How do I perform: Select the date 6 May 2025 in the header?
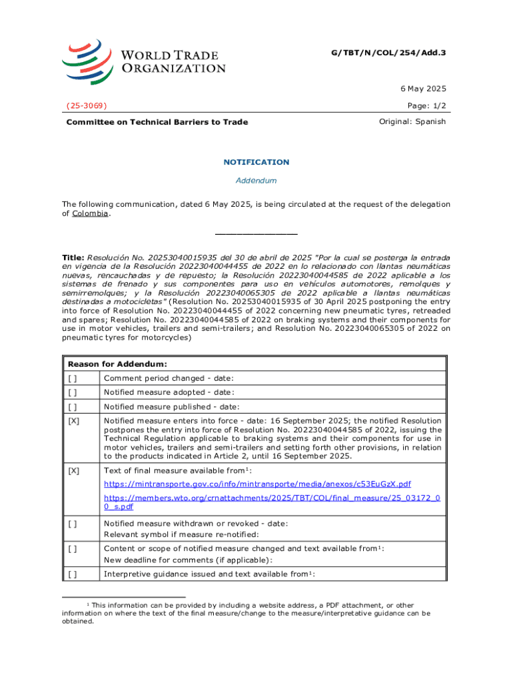pyautogui.click(x=423, y=89)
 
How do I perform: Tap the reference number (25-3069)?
pyautogui.click(x=87, y=105)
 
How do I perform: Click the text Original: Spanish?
pyautogui.click(x=412, y=121)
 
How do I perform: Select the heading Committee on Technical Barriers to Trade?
pyautogui.click(x=157, y=122)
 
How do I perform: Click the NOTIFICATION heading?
pyautogui.click(x=256, y=162)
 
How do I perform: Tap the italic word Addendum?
pyautogui.click(x=256, y=181)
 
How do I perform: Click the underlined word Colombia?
pyautogui.click(x=90, y=213)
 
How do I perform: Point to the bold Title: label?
pyautogui.click(x=73, y=257)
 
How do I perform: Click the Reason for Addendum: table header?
pyautogui.click(x=117, y=364)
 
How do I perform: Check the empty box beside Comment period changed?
pyautogui.click(x=72, y=379)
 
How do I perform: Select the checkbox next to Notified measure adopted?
pyautogui.click(x=72, y=393)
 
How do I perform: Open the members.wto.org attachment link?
pyautogui.click(x=272, y=502)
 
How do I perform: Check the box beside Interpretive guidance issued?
pyautogui.click(x=72, y=574)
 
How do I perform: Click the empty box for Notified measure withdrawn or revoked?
pyautogui.click(x=72, y=524)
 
